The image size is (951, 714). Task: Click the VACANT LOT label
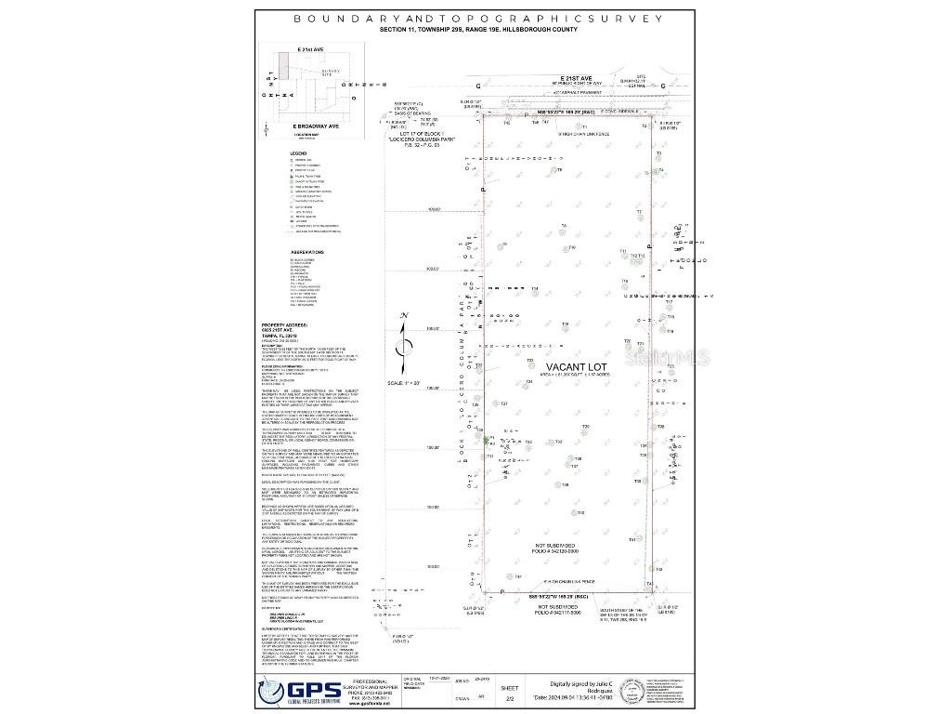577,368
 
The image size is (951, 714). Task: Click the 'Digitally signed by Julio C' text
590,681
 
